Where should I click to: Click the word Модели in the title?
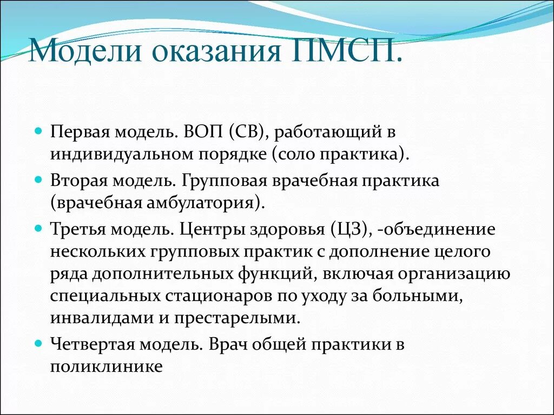click(87, 51)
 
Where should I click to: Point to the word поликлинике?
click(107, 367)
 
